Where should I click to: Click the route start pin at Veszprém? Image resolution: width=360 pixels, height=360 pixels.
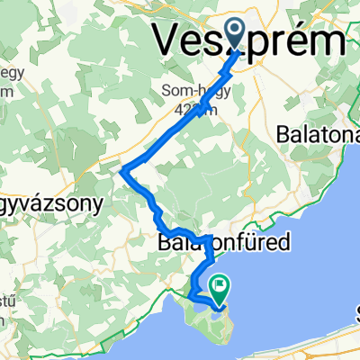pyautogui.click(x=236, y=37)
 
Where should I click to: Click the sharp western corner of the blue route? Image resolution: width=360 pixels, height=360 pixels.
pyautogui.click(x=122, y=166)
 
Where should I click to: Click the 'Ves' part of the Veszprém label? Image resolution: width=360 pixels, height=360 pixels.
pyautogui.click(x=184, y=40)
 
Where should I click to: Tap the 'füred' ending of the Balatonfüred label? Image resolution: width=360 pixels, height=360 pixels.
pyautogui.click(x=262, y=242)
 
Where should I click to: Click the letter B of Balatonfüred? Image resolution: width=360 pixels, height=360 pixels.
pyautogui.click(x=164, y=242)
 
